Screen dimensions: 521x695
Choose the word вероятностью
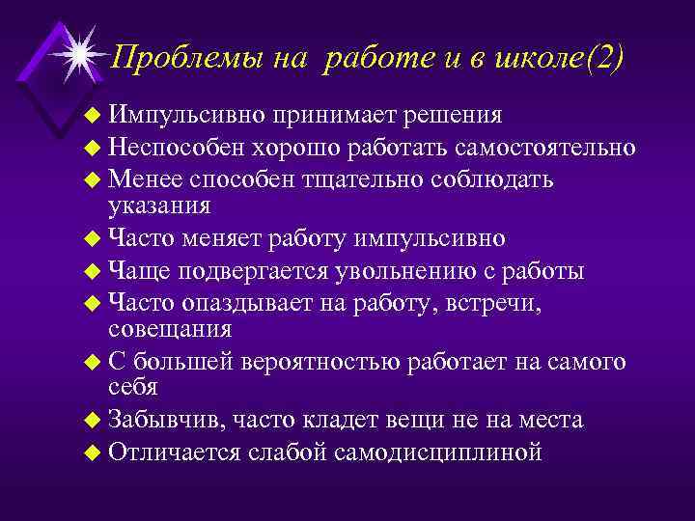coord(319,361)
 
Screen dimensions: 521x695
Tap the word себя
coord(132,386)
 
